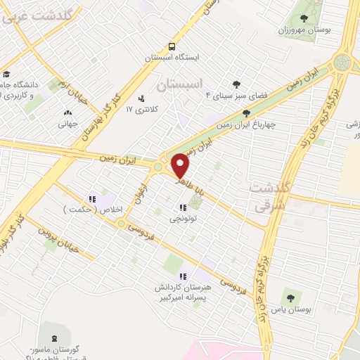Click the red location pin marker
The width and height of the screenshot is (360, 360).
181,165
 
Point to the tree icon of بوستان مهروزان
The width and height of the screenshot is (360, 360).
304,19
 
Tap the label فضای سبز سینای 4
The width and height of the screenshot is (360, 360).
210,94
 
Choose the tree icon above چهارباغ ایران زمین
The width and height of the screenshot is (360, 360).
245,112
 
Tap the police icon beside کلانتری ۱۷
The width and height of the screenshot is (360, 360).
141,98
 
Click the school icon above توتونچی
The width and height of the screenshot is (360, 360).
183,207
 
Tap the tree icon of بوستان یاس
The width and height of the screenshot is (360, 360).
288,297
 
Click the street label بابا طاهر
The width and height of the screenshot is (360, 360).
189,184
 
